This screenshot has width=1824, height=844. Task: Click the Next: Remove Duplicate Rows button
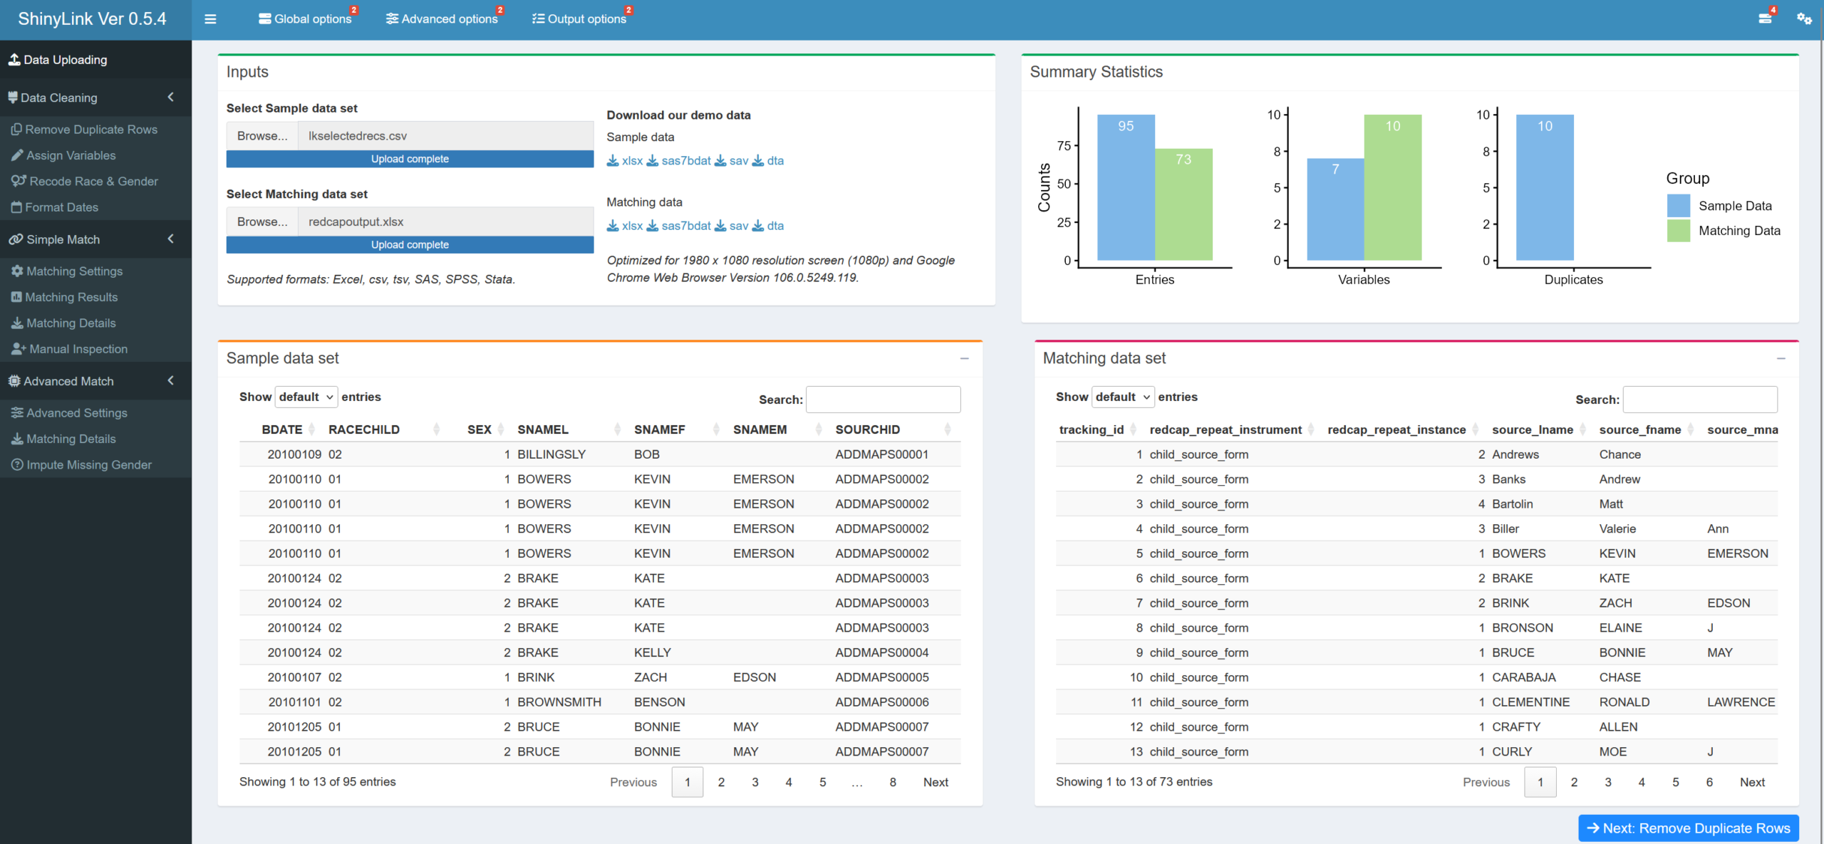[1688, 828]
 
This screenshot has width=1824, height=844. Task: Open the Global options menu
[306, 19]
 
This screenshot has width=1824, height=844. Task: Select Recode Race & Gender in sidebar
[85, 181]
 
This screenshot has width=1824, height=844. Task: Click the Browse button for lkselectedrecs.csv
[262, 135]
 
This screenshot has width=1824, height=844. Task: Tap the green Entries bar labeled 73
[1183, 204]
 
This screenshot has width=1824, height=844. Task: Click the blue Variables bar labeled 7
[1335, 209]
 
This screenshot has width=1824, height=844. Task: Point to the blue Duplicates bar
[1545, 187]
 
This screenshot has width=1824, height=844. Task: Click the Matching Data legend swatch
[1679, 231]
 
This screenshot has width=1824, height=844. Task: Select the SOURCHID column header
[868, 429]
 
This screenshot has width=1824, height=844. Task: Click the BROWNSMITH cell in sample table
[559, 702]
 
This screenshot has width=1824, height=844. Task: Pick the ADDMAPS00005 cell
[882, 677]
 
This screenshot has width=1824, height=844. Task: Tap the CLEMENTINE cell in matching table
[1530, 702]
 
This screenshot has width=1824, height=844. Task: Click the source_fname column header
[1639, 429]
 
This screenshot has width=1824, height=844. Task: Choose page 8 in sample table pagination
[893, 782]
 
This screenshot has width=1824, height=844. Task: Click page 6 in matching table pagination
[1709, 782]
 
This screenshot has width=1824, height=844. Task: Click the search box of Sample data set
[883, 400]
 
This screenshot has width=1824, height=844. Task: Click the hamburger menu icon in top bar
[210, 19]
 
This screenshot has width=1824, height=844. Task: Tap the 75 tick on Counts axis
[1064, 145]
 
